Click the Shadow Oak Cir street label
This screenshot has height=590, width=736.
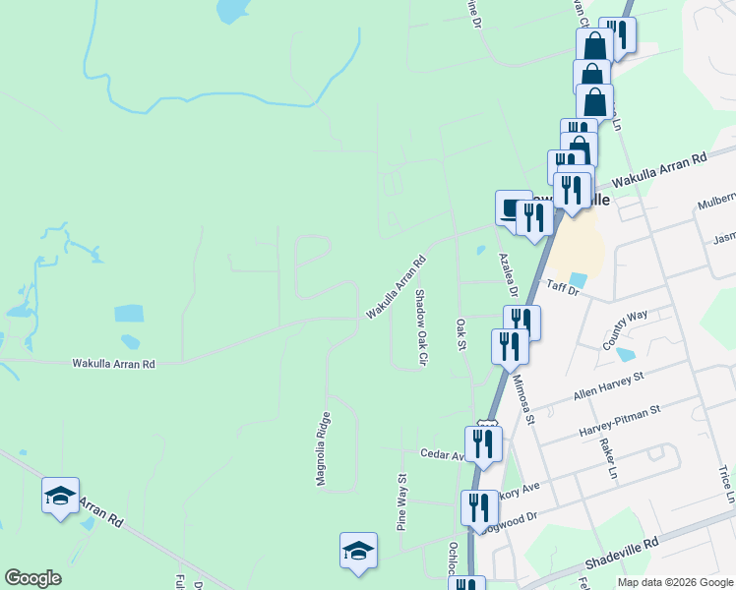coord(419,328)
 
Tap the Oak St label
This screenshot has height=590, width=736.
coord(460,333)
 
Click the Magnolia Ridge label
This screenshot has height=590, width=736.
coord(322,449)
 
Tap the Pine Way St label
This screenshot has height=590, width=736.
coord(401,501)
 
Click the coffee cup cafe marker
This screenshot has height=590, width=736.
coord(513,208)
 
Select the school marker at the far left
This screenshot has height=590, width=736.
coord(60,495)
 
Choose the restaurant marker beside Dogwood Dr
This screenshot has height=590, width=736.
coord(479,507)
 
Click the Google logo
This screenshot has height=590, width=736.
coord(33,578)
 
